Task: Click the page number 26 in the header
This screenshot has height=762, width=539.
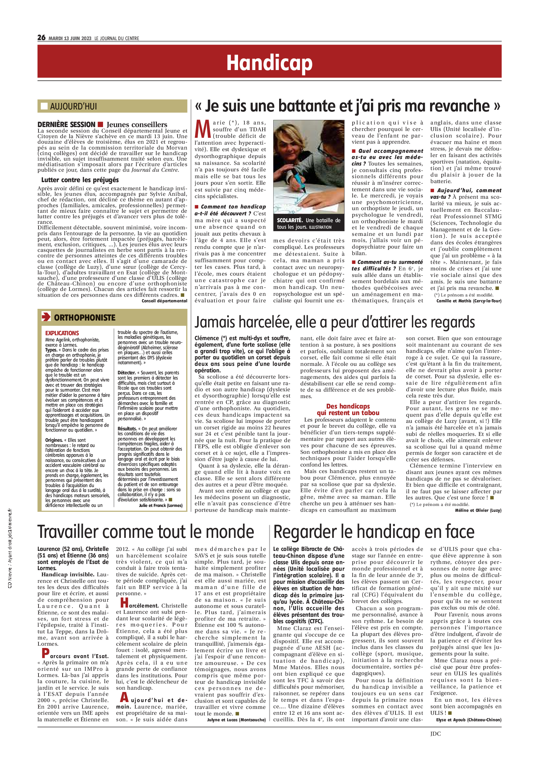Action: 41,37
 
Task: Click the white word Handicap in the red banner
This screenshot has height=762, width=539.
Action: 269,63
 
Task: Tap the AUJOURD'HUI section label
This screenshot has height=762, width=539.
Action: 73,106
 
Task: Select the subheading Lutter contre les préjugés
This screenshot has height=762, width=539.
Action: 80,180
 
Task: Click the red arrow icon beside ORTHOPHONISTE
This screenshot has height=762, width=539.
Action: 46,317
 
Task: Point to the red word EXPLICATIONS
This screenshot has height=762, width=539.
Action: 62,333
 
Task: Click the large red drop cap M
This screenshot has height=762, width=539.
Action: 202,129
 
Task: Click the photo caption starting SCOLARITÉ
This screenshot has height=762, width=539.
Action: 308,223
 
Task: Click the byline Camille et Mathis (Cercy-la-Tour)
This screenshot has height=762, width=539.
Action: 469,301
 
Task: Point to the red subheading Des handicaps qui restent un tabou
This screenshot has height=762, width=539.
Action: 348,410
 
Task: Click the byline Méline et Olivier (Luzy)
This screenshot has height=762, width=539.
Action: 478,510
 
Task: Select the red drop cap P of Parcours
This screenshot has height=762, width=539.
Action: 46,653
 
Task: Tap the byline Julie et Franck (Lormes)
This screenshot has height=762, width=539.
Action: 160,506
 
